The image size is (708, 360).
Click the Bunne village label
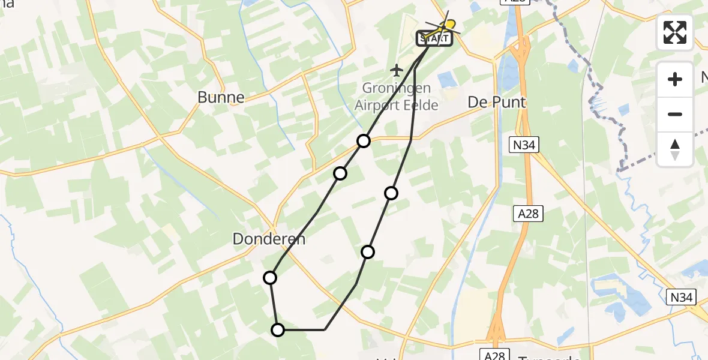click(x=221, y=97)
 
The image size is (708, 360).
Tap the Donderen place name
click(x=269, y=239)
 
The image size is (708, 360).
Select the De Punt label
click(x=497, y=103)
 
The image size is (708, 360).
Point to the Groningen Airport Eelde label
click(x=396, y=97)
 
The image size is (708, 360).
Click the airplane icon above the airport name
click(x=396, y=71)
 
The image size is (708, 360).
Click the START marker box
click(x=434, y=39)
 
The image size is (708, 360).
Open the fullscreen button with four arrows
click(x=675, y=32)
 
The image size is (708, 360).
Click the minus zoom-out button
click(x=675, y=115)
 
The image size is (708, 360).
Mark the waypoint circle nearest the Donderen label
click(x=270, y=277)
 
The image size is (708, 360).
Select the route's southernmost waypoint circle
click(x=278, y=329)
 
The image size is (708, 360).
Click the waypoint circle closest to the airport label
click(x=364, y=141)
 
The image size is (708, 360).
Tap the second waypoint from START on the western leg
click(x=340, y=173)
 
